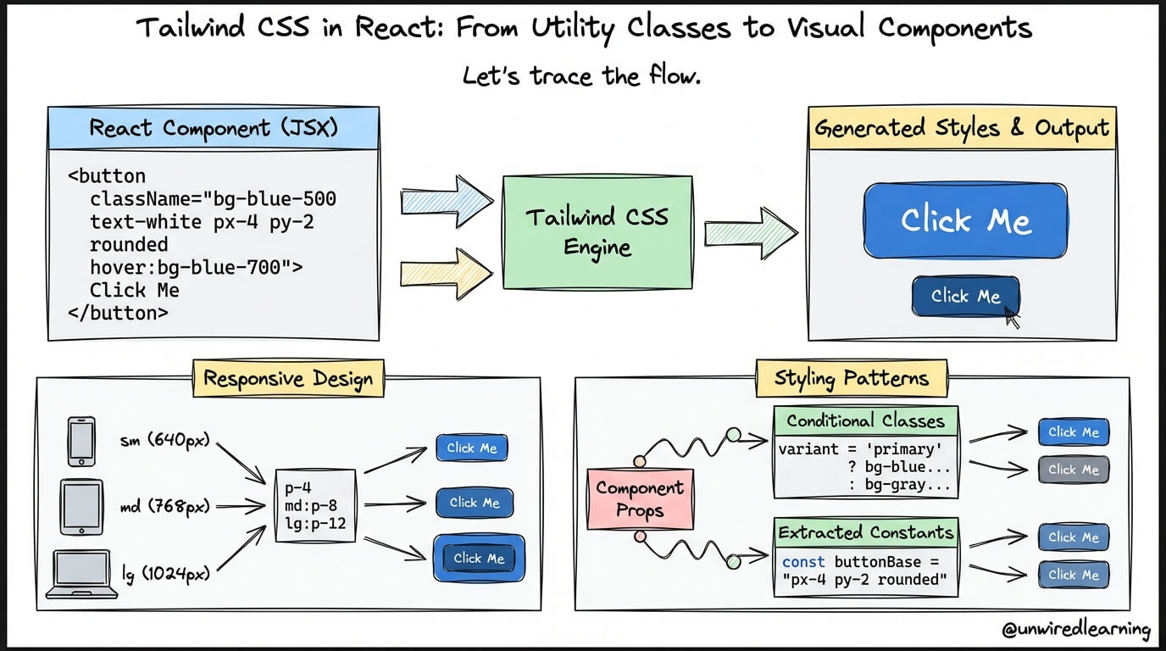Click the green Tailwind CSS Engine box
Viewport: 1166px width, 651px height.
point(597,231)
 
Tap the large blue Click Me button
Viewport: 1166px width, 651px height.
point(965,220)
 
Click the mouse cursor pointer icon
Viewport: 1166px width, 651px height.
point(1012,318)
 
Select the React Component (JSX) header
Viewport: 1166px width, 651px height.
point(213,129)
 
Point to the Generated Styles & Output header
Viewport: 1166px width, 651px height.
point(962,129)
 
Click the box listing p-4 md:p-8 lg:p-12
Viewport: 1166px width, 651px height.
point(315,506)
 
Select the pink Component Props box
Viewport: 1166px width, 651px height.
point(640,498)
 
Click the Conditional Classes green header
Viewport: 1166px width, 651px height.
point(865,420)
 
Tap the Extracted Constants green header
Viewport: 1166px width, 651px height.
point(865,532)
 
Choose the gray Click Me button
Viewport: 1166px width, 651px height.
point(1073,470)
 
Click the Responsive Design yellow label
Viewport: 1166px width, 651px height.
point(288,378)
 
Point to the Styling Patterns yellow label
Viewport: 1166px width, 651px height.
point(850,378)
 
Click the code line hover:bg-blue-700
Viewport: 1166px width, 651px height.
point(196,268)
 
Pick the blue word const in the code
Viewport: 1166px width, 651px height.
point(803,562)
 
